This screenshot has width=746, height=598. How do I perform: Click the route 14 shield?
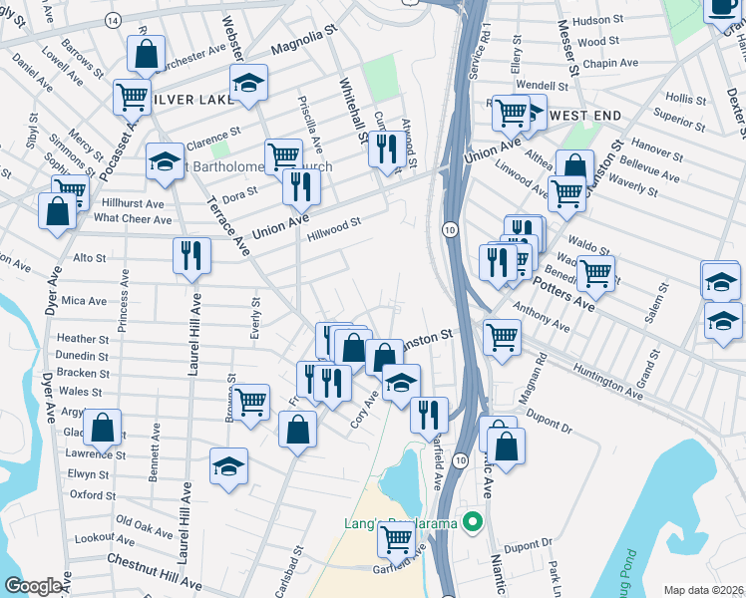point(113,20)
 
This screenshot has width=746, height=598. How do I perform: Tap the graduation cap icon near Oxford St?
point(229,467)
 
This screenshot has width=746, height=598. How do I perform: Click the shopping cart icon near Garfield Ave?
point(397,538)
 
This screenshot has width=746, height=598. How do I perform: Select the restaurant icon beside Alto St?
point(191,255)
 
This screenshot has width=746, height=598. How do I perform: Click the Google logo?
point(33,586)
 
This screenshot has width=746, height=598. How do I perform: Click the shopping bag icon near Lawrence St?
point(102,428)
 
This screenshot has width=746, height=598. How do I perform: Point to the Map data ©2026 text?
point(702,590)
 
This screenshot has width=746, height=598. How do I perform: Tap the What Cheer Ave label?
point(133,219)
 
